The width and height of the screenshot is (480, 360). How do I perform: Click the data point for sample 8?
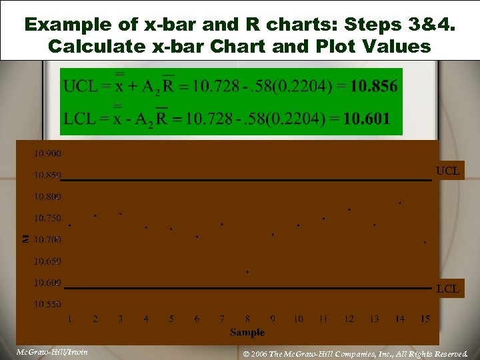(x=247, y=272)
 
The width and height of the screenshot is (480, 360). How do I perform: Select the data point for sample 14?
(x=400, y=202)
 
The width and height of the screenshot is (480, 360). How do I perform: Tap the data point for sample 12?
(x=349, y=210)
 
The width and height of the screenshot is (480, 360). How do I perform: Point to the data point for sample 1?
(x=69, y=225)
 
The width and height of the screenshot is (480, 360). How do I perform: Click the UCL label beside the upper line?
(x=447, y=171)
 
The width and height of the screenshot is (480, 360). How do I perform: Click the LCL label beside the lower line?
(x=447, y=289)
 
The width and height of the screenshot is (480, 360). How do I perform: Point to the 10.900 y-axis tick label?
(x=47, y=154)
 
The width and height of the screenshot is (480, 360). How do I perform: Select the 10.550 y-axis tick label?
(x=47, y=304)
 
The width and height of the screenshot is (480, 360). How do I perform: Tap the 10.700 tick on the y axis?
(x=47, y=239)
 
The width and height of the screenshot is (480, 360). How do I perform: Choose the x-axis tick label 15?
(x=425, y=319)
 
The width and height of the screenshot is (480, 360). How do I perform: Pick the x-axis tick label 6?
(x=197, y=319)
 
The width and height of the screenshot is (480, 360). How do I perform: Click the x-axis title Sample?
(x=247, y=332)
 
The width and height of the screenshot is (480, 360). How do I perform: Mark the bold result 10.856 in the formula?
(x=373, y=86)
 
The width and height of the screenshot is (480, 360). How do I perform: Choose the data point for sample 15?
(x=425, y=243)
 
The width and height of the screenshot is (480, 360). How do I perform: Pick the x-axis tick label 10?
(x=298, y=319)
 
